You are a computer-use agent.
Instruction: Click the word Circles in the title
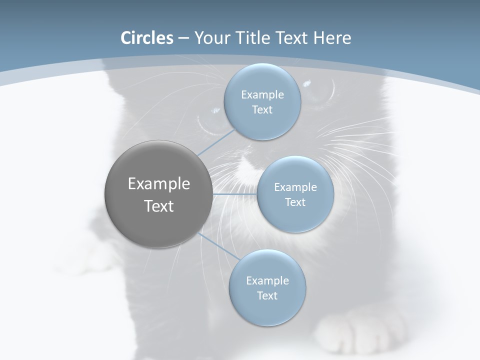(147, 38)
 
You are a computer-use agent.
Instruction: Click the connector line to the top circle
(216, 143)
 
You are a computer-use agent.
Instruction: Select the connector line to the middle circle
(234, 193)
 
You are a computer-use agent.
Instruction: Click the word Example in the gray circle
(159, 184)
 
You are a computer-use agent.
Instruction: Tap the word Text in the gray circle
(159, 206)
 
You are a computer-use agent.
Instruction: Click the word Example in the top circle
(262, 95)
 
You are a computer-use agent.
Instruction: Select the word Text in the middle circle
(295, 202)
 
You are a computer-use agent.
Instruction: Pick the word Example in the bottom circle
(267, 281)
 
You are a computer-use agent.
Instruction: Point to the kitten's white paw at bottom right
(362, 330)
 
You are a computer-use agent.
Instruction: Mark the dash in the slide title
(183, 38)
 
